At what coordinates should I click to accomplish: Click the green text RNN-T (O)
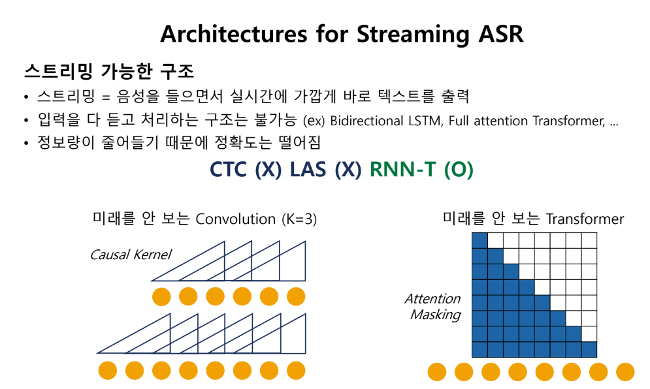421,170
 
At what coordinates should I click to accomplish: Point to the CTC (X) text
245,170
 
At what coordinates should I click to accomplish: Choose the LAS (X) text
325,170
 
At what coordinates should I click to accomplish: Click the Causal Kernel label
131,255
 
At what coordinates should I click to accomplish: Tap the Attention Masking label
432,307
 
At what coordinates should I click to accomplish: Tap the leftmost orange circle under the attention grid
437,372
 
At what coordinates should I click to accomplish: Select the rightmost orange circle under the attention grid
625,372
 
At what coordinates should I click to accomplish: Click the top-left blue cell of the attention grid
479,240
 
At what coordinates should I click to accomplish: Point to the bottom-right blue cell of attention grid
589,349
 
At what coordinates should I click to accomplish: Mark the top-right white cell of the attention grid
589,240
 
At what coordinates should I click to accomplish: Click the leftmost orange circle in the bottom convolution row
108,370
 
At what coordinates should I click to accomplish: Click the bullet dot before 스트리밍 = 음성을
25,99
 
